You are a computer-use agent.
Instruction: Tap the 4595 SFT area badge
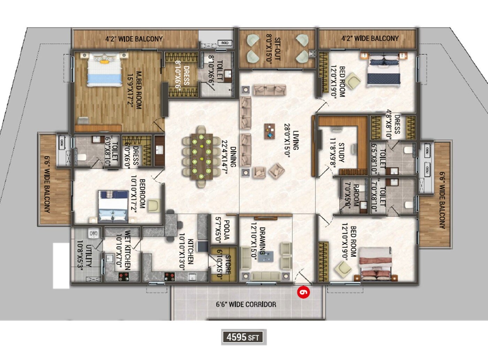point(244,337)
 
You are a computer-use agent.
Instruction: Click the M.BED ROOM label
point(134,90)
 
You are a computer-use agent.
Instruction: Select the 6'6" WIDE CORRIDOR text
point(246,304)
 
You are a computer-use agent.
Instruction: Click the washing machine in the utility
point(93,233)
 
